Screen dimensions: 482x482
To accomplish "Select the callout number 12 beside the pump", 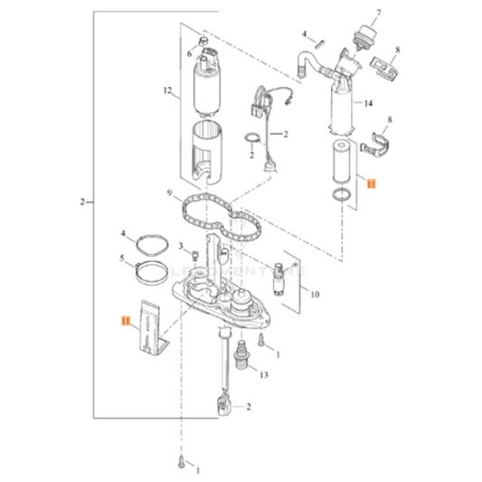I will (166, 91).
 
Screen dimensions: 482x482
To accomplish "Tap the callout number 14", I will (368, 104).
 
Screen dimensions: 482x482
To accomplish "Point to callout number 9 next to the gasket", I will (168, 193).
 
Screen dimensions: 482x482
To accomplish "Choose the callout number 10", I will (315, 295).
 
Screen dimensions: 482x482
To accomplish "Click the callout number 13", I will (263, 373).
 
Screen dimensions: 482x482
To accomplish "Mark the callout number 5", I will (122, 259).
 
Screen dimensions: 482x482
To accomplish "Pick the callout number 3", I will (181, 246).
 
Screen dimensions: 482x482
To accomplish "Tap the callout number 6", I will (189, 54).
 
